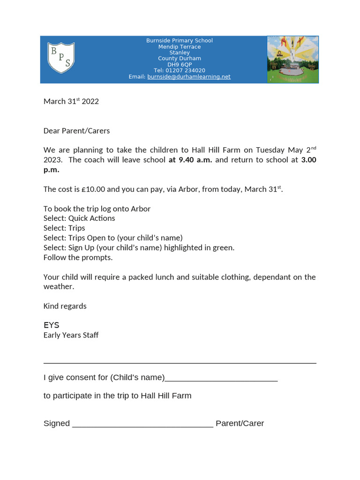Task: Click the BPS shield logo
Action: (x=61, y=58)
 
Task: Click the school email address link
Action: (x=188, y=77)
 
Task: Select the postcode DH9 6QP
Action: (x=180, y=65)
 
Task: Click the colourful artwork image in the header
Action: (x=292, y=60)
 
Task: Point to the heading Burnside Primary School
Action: (x=180, y=41)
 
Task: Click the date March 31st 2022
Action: (x=71, y=101)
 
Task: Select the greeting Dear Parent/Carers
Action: (x=76, y=131)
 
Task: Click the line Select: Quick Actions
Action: (x=79, y=218)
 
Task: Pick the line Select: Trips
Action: (x=64, y=228)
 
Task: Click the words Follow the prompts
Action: (x=78, y=257)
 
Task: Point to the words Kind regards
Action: (x=65, y=306)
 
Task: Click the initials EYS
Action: (x=52, y=325)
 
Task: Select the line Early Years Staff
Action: (x=71, y=335)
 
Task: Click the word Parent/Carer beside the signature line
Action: (x=240, y=423)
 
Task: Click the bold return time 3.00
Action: (x=308, y=160)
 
